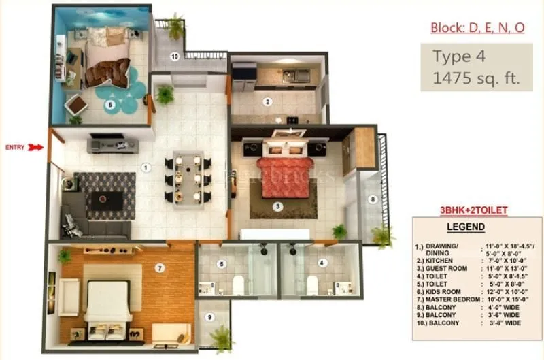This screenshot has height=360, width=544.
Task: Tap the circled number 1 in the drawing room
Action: click(x=145, y=167)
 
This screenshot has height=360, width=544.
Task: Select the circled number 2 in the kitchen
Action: click(x=268, y=103)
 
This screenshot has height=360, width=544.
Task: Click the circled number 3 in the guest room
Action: click(x=277, y=206)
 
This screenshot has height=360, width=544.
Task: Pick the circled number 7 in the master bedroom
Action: click(x=160, y=268)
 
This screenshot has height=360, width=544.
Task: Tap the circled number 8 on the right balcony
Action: click(x=372, y=199)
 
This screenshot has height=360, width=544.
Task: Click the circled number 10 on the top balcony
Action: click(x=175, y=56)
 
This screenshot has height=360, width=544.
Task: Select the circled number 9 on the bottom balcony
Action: click(x=209, y=316)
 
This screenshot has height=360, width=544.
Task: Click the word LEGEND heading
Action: click(x=465, y=226)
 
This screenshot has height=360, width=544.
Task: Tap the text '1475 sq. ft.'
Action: click(x=476, y=78)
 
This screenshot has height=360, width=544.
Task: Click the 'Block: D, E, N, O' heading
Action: click(x=477, y=28)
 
